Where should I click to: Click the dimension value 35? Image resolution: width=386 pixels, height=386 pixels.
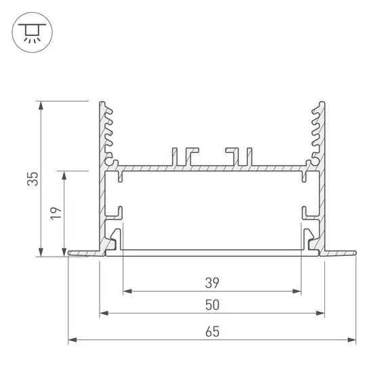tap(33, 179)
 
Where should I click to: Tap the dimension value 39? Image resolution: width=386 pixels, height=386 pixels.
tap(212, 282)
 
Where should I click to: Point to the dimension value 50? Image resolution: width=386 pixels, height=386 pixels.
tap(212, 305)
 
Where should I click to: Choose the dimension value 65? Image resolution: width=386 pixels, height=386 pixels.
tap(212, 331)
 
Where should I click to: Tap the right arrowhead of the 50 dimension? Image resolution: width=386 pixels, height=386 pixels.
tap(320, 314)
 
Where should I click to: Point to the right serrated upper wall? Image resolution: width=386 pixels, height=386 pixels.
tap(318, 132)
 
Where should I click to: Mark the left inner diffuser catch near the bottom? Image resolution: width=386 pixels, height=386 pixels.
tap(117, 239)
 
